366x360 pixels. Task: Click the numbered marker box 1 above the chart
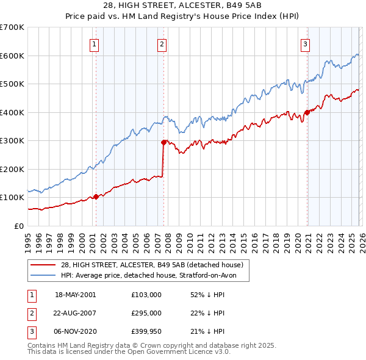95,43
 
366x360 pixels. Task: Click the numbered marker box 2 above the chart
162,43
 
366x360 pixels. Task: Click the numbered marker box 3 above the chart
305,43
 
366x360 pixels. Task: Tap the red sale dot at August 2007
163,142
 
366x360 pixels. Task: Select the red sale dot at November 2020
306,112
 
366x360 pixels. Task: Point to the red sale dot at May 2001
96,196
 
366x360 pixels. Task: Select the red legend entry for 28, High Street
152,265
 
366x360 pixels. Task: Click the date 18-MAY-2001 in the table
76,294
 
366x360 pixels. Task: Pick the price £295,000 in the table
146,313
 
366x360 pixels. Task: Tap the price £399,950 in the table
146,332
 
